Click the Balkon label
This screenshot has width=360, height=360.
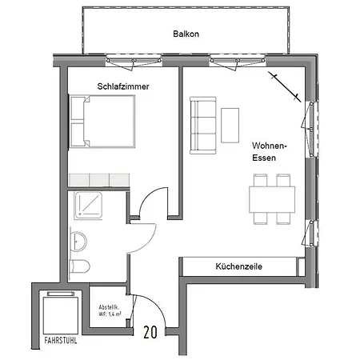[186, 34]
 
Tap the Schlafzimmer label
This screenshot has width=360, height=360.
[123, 86]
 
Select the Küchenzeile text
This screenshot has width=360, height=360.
[238, 266]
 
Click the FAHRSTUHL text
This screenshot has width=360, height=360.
[61, 341]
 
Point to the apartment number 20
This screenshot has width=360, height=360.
[150, 332]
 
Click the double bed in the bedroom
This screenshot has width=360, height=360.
[102, 122]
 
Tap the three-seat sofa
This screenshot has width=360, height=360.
[203, 126]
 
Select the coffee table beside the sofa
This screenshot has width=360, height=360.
[230, 126]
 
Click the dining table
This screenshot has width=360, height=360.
[272, 199]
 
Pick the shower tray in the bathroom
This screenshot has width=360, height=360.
[88, 205]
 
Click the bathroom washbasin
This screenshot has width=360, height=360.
[79, 242]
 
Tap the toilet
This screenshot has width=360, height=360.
[79, 266]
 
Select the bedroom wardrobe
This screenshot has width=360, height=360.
[99, 180]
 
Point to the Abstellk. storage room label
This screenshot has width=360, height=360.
[110, 310]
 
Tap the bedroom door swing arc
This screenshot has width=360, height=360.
[147, 194]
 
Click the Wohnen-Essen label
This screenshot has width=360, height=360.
[270, 152]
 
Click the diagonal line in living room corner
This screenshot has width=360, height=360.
[285, 86]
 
